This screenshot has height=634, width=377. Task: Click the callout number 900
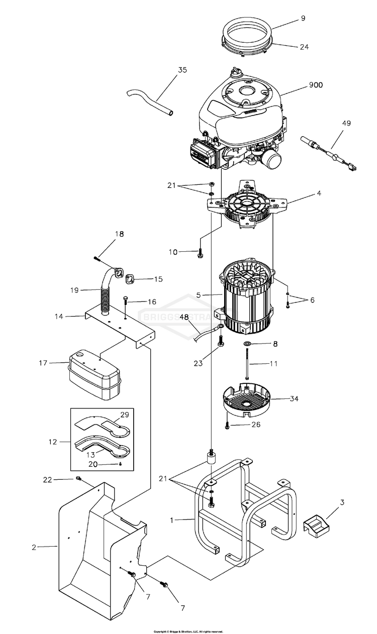pos(315,85)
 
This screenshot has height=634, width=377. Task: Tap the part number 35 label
pos(182,70)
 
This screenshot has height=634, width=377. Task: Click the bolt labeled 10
pos(200,253)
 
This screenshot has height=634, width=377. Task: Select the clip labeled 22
pos(78,478)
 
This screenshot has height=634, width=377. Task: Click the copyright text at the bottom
pos(188,631)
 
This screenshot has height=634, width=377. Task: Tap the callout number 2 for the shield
pos(34,547)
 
